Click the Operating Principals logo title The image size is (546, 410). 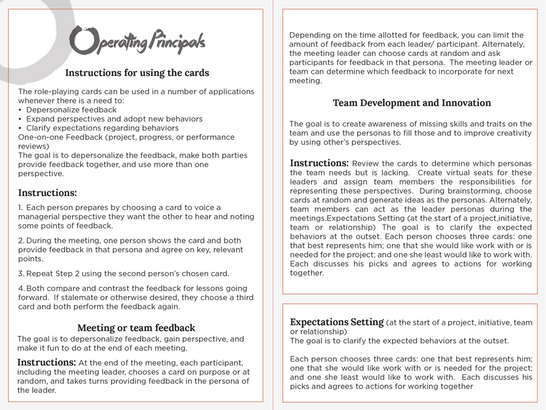click(137, 41)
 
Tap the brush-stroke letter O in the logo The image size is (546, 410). click(81, 41)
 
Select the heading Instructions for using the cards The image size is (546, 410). click(137, 73)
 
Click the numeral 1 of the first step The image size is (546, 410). click(20, 208)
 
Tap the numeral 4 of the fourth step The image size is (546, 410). click(21, 289)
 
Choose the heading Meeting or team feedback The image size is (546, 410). click(136, 328)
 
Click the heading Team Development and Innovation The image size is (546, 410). click(412, 103)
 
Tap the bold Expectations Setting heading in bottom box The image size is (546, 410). click(337, 323)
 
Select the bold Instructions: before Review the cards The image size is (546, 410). click(319, 163)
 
